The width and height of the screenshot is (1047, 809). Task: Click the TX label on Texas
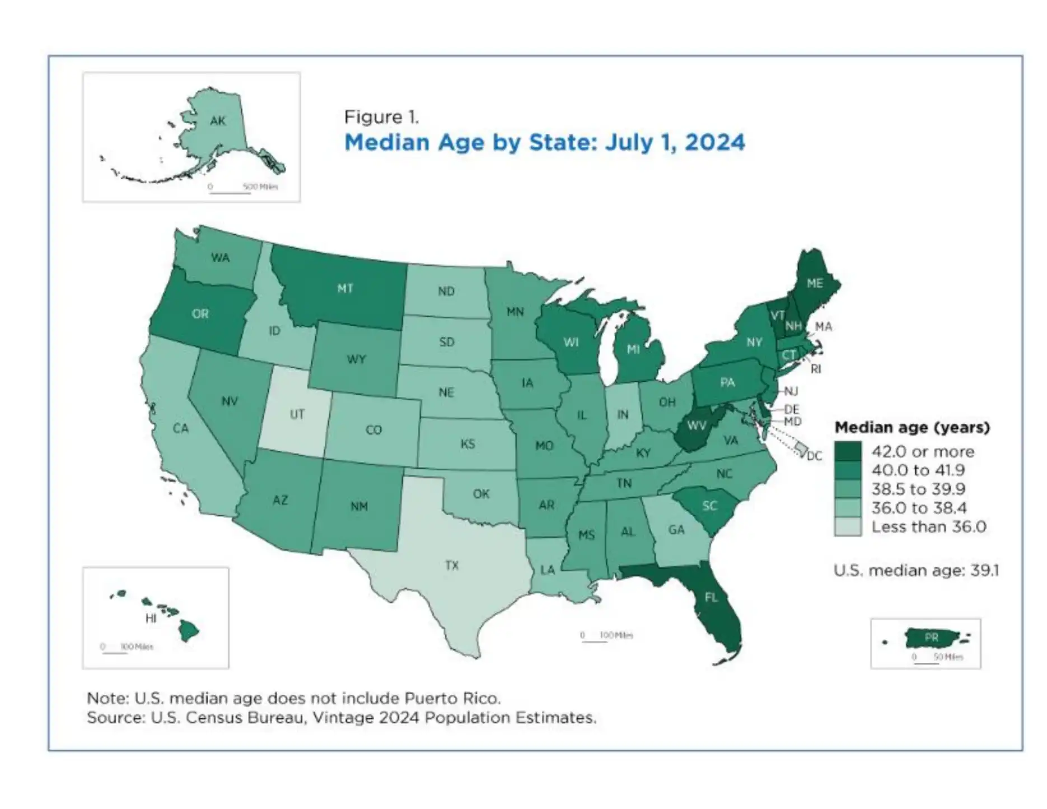click(x=452, y=565)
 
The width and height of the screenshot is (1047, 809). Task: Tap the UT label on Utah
click(x=297, y=414)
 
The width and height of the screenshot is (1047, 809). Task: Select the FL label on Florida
click(x=711, y=597)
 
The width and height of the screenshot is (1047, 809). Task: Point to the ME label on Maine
click(x=815, y=283)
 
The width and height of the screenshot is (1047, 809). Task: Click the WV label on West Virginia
click(x=697, y=425)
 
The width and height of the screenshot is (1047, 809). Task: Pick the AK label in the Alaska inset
click(x=218, y=120)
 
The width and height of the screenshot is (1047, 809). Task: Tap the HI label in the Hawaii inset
click(x=151, y=619)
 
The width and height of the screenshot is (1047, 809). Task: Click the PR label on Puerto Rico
click(x=932, y=637)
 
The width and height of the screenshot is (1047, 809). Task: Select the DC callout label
click(x=814, y=456)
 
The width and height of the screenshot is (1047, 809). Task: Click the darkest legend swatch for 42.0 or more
click(x=848, y=451)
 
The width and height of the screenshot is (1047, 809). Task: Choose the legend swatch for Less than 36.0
click(x=848, y=527)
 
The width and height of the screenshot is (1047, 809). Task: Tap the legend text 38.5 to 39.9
click(x=918, y=489)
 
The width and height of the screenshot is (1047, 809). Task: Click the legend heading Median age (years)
click(x=912, y=428)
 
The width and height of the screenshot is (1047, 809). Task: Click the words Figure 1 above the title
click(x=381, y=117)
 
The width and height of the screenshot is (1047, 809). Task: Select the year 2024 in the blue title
click(x=714, y=142)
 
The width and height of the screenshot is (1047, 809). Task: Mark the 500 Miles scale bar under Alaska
click(x=230, y=192)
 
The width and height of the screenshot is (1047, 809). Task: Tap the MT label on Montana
click(x=345, y=288)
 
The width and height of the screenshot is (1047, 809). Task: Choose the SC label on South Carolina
click(x=709, y=506)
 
